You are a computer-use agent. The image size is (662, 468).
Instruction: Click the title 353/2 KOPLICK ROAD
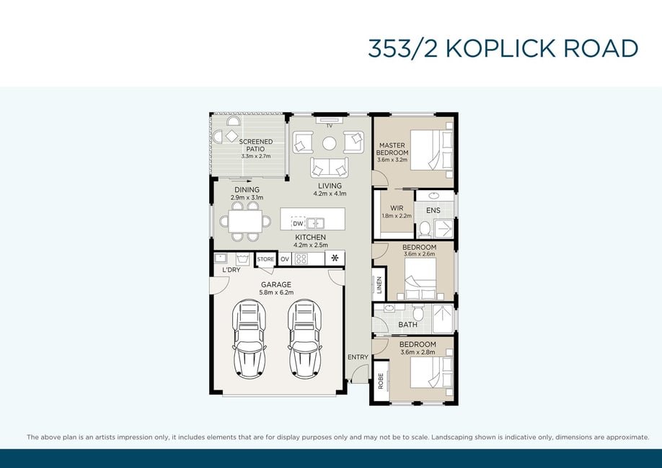point(503,48)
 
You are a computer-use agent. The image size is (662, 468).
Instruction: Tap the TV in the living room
point(330,120)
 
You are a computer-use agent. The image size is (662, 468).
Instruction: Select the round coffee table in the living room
point(330,143)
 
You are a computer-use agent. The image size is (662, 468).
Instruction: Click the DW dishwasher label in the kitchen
point(298,223)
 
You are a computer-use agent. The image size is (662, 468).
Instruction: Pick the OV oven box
point(285,259)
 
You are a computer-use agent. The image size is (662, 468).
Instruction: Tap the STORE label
point(265,259)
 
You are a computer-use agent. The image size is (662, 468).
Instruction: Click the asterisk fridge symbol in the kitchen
point(335,258)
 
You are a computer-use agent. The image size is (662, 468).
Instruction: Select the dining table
point(245,221)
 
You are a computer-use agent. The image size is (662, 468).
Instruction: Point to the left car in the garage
point(249,338)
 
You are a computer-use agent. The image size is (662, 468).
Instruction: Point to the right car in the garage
point(305,338)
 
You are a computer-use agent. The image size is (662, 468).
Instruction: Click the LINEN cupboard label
point(379,284)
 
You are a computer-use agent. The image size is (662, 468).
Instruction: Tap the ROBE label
point(381,381)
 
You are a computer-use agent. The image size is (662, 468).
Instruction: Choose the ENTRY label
point(358,357)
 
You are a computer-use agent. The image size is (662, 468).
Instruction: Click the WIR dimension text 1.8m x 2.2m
point(397,216)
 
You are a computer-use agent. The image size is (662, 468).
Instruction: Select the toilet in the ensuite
point(424,230)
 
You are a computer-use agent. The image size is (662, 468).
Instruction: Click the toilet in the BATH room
point(418,312)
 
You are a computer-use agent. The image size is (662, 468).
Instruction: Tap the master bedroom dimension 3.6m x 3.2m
point(392,160)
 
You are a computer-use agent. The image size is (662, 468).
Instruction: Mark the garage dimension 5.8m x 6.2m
point(276,292)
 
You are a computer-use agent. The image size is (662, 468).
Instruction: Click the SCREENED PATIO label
point(256,145)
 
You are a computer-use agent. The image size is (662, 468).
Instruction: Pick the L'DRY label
point(231,270)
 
